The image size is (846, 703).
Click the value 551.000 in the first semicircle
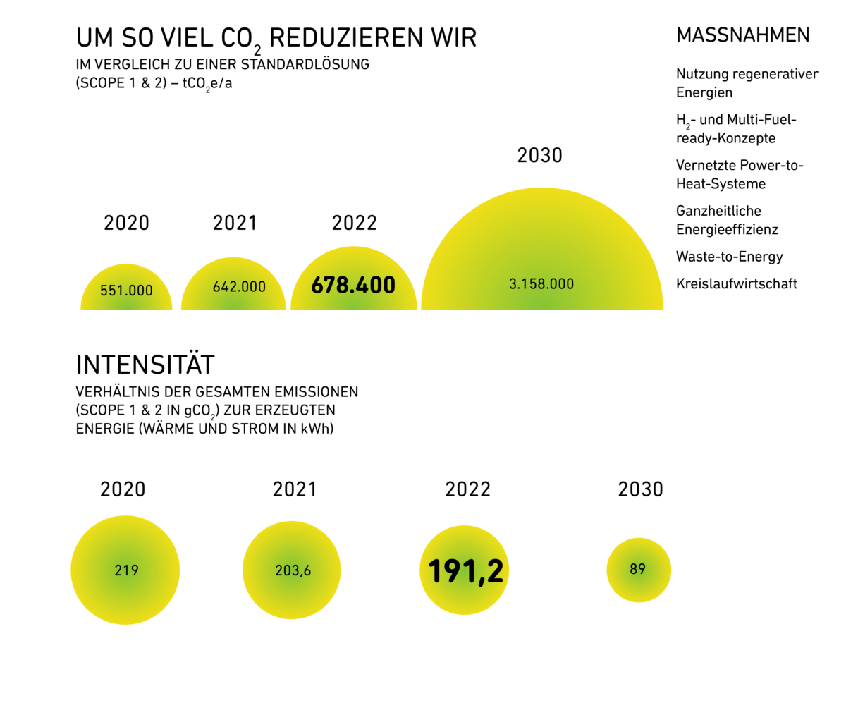[x=126, y=290]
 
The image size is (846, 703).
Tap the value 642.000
[x=240, y=287]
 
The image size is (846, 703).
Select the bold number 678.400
[x=353, y=286]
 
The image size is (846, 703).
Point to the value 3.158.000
[x=541, y=284]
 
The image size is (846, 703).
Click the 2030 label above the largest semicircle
[x=540, y=155]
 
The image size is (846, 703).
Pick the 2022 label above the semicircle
[x=355, y=223]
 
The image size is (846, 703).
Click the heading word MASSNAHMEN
[x=742, y=35]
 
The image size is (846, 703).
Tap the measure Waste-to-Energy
[x=730, y=257]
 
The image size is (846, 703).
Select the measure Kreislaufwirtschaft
[x=737, y=283]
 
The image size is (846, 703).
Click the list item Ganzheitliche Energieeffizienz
[x=727, y=220]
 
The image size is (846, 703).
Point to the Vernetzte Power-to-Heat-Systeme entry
[x=740, y=174]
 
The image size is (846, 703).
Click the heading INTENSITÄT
[x=145, y=365]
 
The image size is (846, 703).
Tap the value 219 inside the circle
[x=126, y=570]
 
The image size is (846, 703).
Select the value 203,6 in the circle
[x=293, y=570]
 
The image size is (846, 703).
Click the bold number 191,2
[x=466, y=570]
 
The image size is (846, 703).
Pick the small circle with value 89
[x=638, y=569]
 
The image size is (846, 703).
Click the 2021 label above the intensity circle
[x=295, y=489]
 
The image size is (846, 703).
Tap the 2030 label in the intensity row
[x=641, y=489]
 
